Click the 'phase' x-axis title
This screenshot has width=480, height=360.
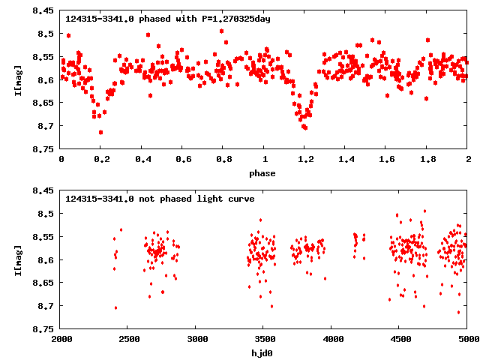[x=262, y=174]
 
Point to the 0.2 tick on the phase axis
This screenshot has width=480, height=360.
[x=101, y=160]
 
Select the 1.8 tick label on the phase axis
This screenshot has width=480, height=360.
[x=427, y=160]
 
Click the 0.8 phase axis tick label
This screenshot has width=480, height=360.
[x=223, y=160]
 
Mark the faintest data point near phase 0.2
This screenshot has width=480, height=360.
[x=100, y=132]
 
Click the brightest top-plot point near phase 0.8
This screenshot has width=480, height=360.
[x=221, y=31]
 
